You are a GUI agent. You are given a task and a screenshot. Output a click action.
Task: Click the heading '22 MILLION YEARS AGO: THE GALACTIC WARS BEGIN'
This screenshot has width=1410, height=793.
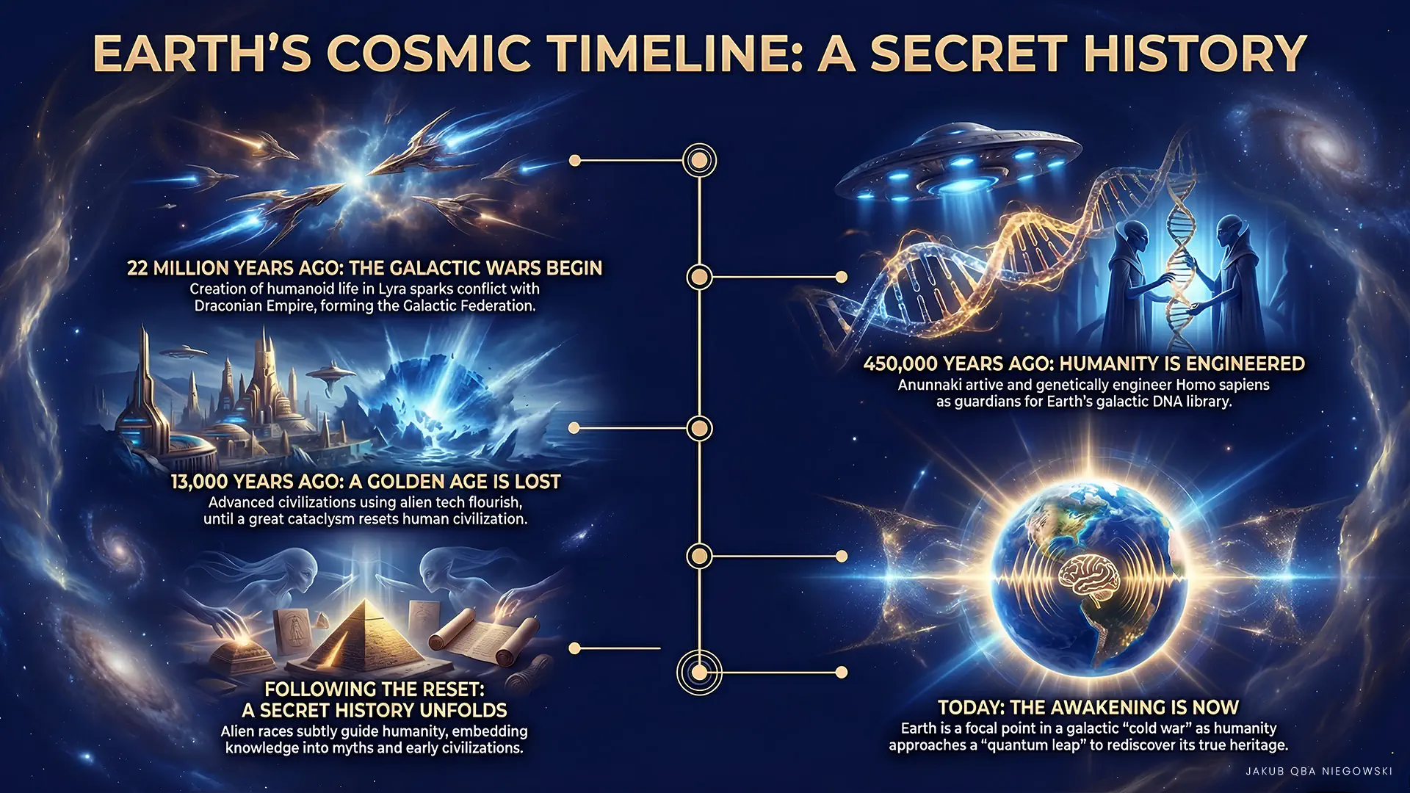(x=364, y=268)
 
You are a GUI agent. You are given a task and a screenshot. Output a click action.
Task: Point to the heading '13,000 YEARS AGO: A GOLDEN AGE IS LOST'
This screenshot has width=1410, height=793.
(x=366, y=482)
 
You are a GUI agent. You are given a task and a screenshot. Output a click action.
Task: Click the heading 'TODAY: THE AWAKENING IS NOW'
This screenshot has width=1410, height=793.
(x=1088, y=707)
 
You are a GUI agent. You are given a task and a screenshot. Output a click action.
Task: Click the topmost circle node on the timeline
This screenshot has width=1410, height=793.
(x=699, y=160)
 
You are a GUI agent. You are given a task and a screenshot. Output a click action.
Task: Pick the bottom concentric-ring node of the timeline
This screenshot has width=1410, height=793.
(x=699, y=672)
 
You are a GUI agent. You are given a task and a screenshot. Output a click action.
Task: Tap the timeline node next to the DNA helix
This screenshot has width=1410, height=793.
(x=699, y=277)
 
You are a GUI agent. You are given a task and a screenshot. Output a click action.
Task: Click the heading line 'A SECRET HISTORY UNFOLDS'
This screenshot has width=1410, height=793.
(x=375, y=710)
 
